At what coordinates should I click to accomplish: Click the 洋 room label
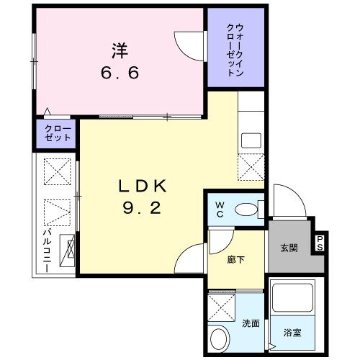pos(120,50)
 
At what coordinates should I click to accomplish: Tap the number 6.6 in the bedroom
pos(120,73)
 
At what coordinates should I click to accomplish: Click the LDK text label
pos(143,186)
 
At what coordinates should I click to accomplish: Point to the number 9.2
pos(142,207)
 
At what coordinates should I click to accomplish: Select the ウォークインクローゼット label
pos(235,50)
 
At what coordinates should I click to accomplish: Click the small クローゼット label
pos(58,133)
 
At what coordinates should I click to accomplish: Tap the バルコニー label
pos(47,251)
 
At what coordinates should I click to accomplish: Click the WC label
pos(220,210)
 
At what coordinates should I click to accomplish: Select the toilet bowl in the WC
pos(246,210)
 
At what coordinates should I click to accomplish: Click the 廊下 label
pos(236,260)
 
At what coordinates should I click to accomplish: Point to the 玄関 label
pos(289,248)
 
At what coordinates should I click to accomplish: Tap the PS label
pos(320,243)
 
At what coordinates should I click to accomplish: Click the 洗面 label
pos(251,323)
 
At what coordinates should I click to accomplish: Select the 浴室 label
pos(292,333)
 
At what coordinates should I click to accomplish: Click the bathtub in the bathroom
pos(293,298)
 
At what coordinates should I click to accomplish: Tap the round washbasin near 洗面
pos(218,339)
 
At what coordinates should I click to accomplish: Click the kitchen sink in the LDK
pos(251,140)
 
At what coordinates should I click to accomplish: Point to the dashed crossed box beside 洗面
pos(221,307)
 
